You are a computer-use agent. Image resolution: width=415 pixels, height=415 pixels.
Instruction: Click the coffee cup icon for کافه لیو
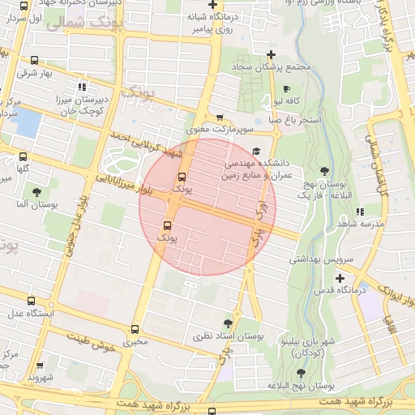pyautogui.click(x=286, y=89)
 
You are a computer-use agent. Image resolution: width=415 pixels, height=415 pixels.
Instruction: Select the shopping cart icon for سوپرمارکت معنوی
pyautogui.click(x=220, y=118)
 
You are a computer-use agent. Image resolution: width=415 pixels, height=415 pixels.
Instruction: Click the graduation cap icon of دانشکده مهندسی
pyautogui.click(x=257, y=151)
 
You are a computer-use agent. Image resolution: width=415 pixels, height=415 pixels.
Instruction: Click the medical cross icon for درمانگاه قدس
pyautogui.click(x=340, y=278)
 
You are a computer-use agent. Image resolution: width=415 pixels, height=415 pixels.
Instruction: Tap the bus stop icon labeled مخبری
pyautogui.click(x=135, y=329)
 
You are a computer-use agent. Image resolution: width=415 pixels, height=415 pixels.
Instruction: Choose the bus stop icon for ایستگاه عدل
pyautogui.click(x=30, y=301)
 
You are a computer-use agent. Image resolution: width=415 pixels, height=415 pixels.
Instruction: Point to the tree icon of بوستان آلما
pyautogui.click(x=37, y=192)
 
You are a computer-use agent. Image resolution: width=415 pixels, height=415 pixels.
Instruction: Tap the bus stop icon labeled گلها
pyautogui.click(x=23, y=156)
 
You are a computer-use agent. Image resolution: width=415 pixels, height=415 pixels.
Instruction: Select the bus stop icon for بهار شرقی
pyautogui.click(x=34, y=60)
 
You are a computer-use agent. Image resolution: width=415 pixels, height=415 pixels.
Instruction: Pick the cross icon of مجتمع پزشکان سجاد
pyautogui.click(x=271, y=54)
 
